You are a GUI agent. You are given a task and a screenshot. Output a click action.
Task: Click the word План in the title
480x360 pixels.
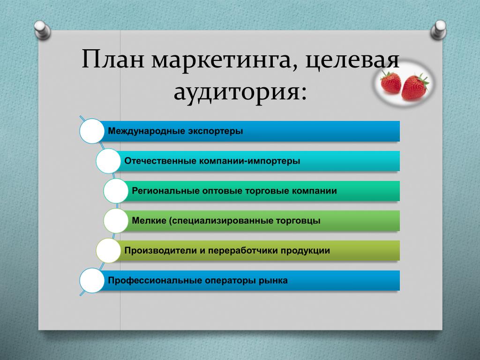(113, 59)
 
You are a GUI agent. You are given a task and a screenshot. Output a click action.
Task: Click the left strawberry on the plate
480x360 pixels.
(390, 82)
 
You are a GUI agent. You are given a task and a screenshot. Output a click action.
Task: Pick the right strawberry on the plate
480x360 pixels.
(414, 87)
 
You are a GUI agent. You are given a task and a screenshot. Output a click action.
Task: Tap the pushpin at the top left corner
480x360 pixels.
(42, 30)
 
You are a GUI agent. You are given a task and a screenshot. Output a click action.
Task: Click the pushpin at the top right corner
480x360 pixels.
(438, 30)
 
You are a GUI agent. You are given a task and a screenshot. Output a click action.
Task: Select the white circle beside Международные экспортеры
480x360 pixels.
(92, 131)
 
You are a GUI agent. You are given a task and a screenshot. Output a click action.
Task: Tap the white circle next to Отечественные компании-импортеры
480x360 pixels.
(108, 161)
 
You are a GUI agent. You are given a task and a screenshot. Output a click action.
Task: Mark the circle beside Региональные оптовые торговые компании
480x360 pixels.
(116, 191)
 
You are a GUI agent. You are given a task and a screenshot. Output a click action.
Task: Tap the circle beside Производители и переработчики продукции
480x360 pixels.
(108, 251)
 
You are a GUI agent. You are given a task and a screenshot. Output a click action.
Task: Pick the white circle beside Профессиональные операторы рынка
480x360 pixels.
(92, 280)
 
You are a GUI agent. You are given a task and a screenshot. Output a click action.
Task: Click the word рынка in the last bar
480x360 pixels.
(273, 281)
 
